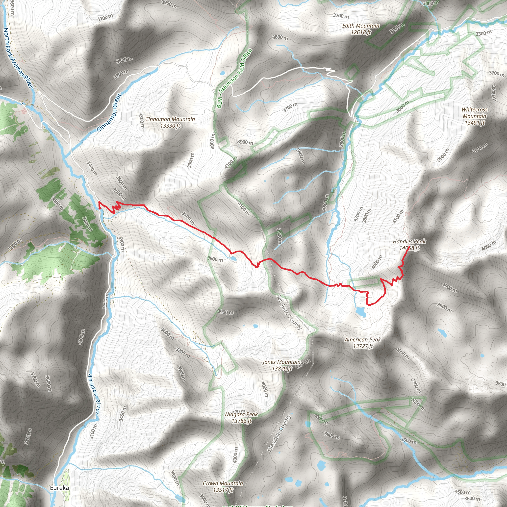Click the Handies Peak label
point(409,245)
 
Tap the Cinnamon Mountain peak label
point(170,122)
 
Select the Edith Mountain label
point(361,29)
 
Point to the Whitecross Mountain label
point(475,116)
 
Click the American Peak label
point(363,343)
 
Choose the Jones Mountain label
point(281,365)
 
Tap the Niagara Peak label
point(241,418)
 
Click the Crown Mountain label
point(223,486)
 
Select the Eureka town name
point(60,488)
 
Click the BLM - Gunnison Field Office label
point(234,78)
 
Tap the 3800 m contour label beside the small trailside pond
point(215,259)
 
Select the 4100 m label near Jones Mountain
point(303,364)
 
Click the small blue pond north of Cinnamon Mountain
point(223,73)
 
